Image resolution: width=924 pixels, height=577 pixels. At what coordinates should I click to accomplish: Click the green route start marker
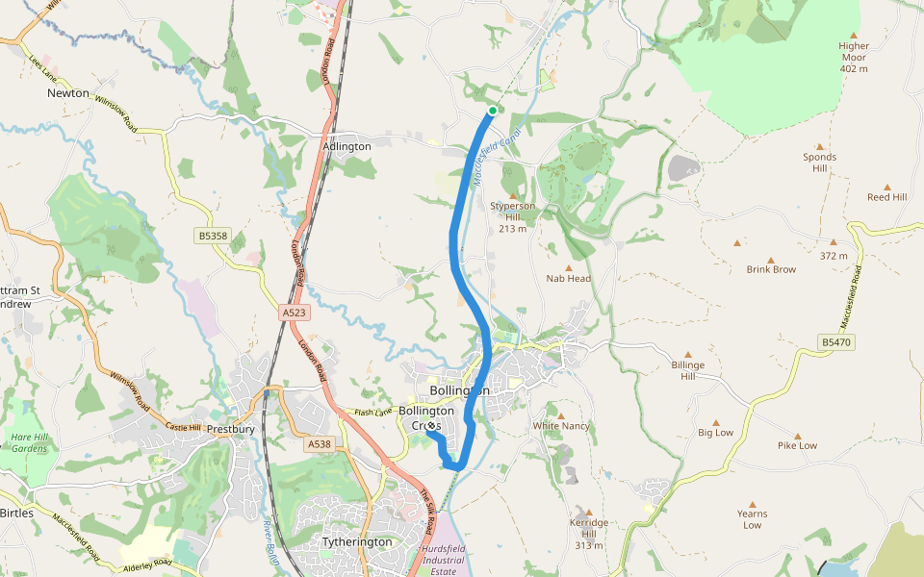coord(493,111)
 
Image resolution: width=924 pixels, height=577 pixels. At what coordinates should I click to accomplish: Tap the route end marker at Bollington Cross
coord(430,425)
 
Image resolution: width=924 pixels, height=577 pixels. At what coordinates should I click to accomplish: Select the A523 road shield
coord(295,314)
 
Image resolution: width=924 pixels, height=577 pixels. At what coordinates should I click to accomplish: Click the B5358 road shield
coord(214,235)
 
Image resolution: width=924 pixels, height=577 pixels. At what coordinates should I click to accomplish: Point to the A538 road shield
coord(320,444)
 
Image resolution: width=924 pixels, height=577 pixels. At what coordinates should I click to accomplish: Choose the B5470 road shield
coord(837,342)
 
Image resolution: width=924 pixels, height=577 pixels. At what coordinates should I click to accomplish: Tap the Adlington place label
coord(347,146)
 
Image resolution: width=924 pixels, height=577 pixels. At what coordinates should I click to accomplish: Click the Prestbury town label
coord(230,429)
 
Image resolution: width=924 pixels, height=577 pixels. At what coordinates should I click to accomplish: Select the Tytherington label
coord(357,541)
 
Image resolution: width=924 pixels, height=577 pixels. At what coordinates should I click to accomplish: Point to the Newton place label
coord(68,93)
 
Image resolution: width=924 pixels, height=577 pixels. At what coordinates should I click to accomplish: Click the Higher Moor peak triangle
coord(853,35)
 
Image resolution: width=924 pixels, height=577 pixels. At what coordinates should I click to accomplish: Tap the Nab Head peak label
coord(568,278)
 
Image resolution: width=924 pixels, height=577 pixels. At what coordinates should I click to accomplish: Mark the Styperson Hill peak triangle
coord(513,195)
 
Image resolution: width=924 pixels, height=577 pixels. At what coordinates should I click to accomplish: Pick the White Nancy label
coord(561,425)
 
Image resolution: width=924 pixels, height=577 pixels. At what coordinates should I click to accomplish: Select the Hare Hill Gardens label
coord(29,443)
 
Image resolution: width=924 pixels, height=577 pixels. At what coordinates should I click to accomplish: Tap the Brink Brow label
coord(771,269)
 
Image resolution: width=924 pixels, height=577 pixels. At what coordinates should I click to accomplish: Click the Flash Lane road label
coord(375,413)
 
